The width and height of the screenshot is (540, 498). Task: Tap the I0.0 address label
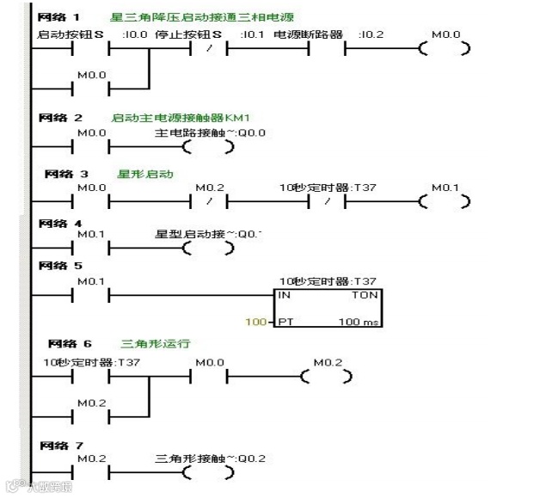coord(135,34)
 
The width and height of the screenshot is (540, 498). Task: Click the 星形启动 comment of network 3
coord(145,174)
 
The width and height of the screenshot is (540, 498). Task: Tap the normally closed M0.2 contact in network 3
coord(208,202)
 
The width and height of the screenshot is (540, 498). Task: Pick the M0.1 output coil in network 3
coord(444,202)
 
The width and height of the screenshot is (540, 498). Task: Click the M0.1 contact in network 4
coord(91,249)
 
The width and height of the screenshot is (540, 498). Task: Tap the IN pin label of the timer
coord(284,294)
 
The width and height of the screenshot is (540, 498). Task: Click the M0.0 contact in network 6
coord(208,377)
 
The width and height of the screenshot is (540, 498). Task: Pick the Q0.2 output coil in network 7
coord(208,472)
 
